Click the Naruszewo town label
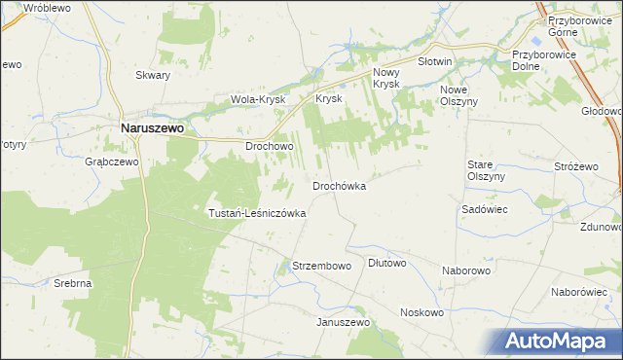click(x=153, y=126)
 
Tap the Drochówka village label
click(x=339, y=186)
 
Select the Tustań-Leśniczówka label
click(x=258, y=213)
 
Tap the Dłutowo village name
click(x=387, y=263)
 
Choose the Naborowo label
click(x=466, y=269)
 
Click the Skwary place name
click(x=153, y=75)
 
